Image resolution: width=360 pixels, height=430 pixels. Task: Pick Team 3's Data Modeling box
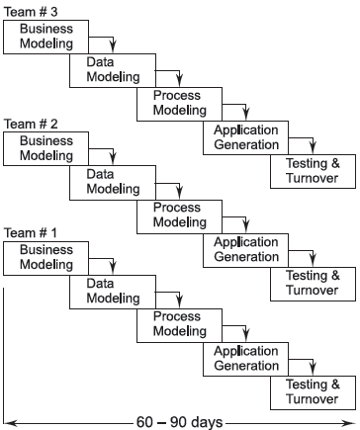107,69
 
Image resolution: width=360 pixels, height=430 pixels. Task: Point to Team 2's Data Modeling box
107,182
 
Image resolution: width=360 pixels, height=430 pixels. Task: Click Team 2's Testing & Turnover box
312,283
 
